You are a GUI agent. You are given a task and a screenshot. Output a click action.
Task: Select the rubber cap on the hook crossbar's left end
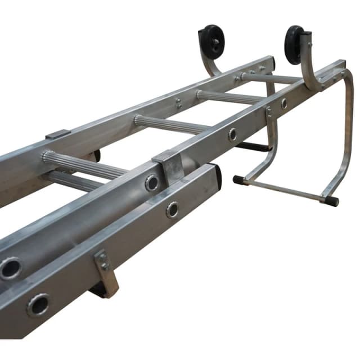coord(238,181)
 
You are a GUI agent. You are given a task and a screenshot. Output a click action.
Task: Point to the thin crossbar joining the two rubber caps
coord(284,190)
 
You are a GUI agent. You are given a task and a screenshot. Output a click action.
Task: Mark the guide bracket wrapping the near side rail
coord(169,166)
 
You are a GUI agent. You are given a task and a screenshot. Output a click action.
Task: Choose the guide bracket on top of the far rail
coord(58,135)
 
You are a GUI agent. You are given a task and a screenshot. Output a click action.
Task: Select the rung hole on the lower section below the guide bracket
coord(173,210)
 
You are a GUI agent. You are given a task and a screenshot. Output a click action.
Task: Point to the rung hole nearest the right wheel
coord(283,103)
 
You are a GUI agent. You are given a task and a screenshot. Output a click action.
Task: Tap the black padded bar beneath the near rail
coord(253,147)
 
